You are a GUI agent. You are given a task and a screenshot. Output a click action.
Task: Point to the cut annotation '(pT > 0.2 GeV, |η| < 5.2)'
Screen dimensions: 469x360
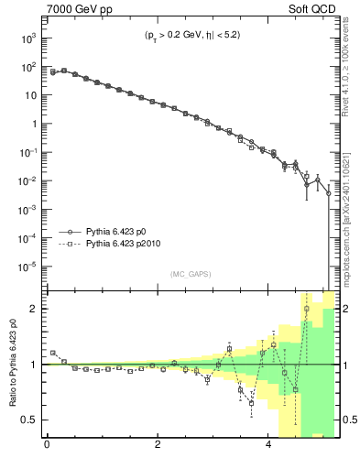point(191,38)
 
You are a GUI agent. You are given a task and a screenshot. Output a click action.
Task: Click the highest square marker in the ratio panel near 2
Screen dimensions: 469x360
point(307,309)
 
